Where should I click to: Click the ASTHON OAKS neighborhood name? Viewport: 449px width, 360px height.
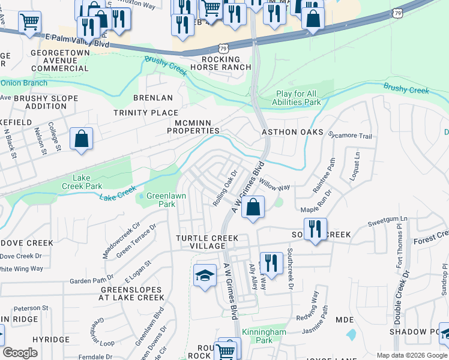(292, 132)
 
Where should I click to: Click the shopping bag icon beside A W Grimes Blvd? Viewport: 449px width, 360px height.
(253, 208)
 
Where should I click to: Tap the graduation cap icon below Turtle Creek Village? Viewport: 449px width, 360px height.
(205, 275)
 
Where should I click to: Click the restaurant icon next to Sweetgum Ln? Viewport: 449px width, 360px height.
(315, 229)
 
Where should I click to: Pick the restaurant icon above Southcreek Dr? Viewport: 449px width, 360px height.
(271, 263)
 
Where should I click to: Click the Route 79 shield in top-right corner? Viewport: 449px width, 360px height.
(397, 12)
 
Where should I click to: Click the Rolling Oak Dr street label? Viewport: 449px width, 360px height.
(226, 188)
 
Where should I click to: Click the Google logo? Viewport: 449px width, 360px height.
(20, 353)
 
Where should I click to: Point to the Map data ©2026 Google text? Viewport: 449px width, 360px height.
(411, 355)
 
